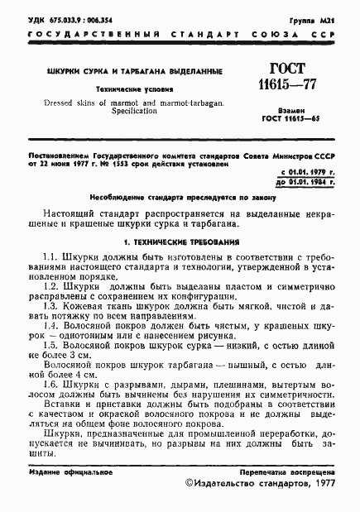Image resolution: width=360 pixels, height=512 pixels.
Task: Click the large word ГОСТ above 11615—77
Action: click(284, 70)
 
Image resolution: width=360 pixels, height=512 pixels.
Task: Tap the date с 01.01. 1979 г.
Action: click(302, 170)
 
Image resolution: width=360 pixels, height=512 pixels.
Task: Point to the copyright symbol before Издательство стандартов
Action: click(190, 486)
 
